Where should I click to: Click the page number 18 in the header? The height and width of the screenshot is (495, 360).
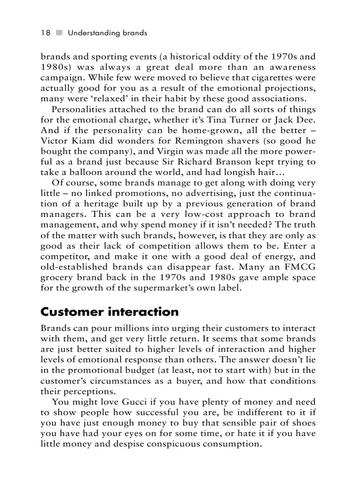(45, 33)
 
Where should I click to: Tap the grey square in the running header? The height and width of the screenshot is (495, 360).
(60, 33)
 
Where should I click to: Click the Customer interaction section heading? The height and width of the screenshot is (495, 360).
(109, 312)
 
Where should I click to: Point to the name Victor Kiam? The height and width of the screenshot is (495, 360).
(64, 141)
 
